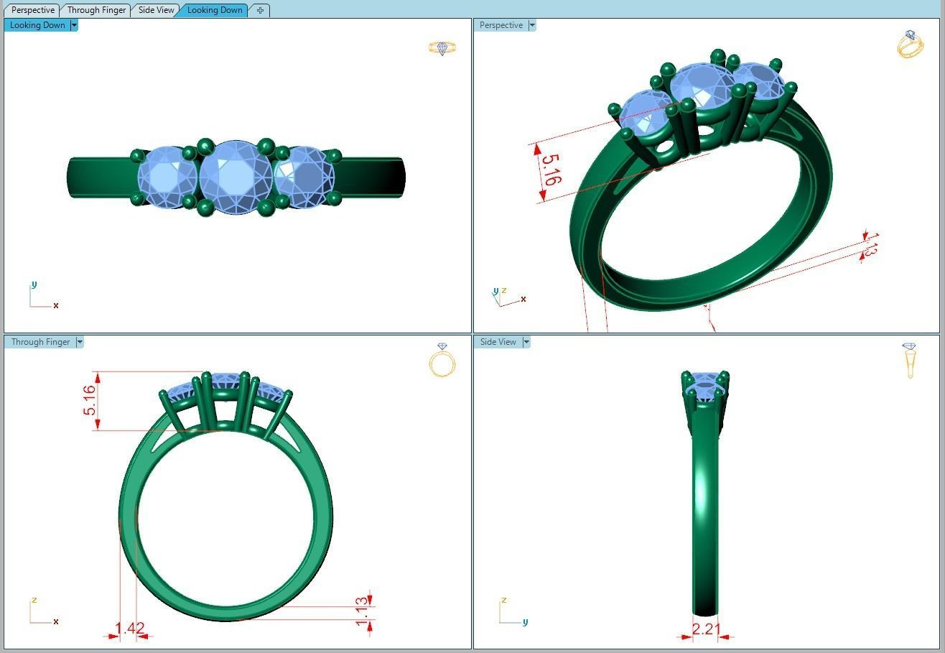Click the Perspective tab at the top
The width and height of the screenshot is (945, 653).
pos(33,10)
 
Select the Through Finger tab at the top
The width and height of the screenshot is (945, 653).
pos(96,10)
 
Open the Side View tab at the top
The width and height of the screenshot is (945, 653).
pos(156,10)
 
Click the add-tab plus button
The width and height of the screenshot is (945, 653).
pos(260,10)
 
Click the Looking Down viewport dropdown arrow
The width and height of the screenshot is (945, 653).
pos(74,25)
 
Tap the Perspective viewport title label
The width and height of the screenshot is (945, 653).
pos(501,25)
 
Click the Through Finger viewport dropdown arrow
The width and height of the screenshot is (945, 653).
pos(80,342)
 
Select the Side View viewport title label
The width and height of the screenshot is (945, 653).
pos(498,342)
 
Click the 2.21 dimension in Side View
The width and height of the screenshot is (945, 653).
pos(705,629)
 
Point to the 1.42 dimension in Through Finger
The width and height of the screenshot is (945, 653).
pos(129,629)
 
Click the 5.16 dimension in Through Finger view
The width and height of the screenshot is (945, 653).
pos(90,401)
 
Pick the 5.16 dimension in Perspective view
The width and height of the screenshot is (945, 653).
pos(547,170)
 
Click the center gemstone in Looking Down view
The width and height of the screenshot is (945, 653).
pos(235,177)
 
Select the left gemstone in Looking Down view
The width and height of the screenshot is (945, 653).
pos(167,177)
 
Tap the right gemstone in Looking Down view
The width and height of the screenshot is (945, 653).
pos(304,177)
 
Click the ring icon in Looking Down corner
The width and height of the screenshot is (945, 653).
pos(442,48)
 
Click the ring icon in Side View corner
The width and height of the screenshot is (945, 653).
pos(910,360)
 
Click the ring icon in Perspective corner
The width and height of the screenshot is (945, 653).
pos(910,45)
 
